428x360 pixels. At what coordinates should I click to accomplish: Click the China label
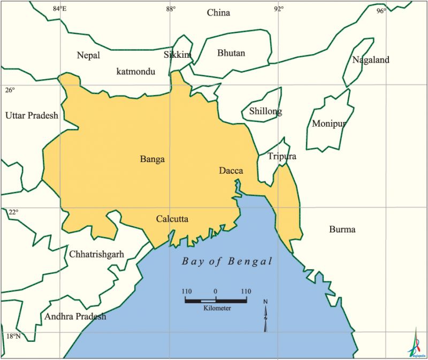click(218, 13)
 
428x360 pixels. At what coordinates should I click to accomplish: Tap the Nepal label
click(88, 55)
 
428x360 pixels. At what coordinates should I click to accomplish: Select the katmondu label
click(136, 71)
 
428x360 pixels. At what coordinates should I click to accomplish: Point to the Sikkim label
click(177, 55)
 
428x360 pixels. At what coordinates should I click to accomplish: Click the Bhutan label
click(231, 53)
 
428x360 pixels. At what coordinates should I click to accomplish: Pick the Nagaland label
click(371, 60)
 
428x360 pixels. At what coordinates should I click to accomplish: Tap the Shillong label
click(265, 112)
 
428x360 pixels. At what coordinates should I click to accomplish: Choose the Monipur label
click(329, 124)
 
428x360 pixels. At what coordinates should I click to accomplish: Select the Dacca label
click(231, 171)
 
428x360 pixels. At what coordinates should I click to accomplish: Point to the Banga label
click(152, 159)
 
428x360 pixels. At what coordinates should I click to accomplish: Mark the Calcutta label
click(172, 219)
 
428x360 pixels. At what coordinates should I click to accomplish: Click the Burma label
click(342, 230)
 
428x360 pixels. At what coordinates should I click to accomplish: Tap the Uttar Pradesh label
click(32, 116)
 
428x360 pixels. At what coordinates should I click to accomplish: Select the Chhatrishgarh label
click(96, 254)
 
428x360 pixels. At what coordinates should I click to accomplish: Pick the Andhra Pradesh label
click(75, 317)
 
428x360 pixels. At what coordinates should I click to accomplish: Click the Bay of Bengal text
click(227, 262)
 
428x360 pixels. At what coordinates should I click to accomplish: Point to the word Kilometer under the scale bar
click(217, 309)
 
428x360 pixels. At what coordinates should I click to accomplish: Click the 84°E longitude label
click(60, 9)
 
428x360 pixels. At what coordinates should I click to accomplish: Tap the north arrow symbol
click(265, 316)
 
